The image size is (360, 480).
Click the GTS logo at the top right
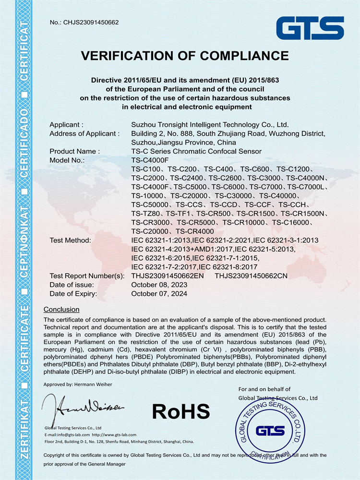click(x=310, y=28)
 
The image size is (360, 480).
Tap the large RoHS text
click(x=181, y=411)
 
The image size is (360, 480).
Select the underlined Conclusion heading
click(x=61, y=309)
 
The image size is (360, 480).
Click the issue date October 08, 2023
click(x=159, y=285)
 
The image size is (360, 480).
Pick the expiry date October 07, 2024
click(x=159, y=293)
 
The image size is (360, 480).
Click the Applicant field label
click(x=67, y=125)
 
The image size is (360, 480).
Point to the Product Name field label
click(x=74, y=151)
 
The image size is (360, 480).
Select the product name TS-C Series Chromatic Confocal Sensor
click(x=196, y=151)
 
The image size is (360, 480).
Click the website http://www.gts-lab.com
click(x=114, y=434)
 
